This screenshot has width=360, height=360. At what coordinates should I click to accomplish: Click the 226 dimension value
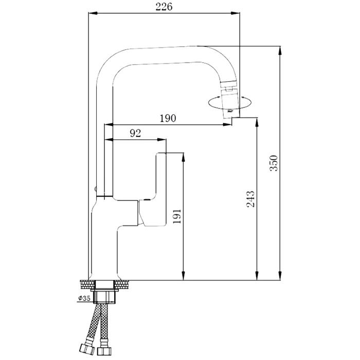(x=164, y=7)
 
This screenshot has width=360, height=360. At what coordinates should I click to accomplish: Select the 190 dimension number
(x=168, y=118)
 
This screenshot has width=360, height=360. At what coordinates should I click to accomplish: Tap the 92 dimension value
(x=135, y=133)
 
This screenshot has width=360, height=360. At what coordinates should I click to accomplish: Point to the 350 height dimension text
(x=274, y=163)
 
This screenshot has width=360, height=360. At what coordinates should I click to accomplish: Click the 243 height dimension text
(x=250, y=199)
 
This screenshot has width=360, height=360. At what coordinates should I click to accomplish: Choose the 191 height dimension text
(x=177, y=217)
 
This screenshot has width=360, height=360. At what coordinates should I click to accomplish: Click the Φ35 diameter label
(x=84, y=298)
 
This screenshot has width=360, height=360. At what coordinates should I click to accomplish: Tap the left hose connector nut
(x=87, y=349)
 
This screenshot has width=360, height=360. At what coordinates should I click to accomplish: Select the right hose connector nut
(x=104, y=351)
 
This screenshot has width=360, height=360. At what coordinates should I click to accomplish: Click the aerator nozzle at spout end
(x=230, y=100)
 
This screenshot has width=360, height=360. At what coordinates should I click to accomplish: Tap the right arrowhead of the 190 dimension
(x=228, y=124)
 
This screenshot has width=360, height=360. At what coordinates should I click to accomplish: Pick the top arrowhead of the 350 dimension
(x=280, y=51)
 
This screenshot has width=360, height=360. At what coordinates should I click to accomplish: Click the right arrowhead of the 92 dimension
(x=162, y=139)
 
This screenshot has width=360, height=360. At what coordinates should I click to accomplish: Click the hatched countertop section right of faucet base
(x=121, y=284)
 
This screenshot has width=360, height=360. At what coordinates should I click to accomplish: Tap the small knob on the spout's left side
(x=96, y=189)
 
